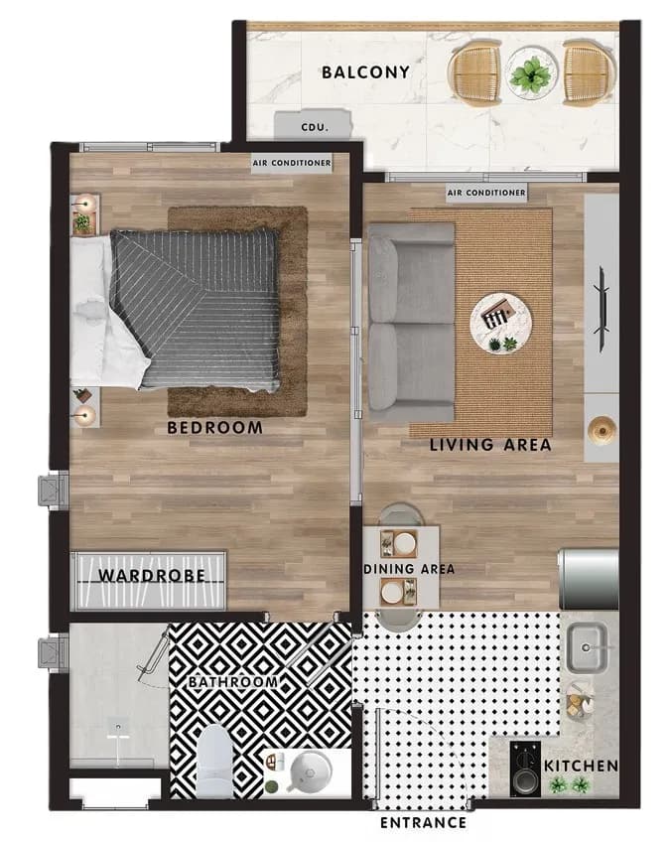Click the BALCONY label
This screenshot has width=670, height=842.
coord(365,72)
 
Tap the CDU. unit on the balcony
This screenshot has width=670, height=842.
coord(313,125)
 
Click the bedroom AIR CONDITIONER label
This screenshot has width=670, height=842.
coord(293,163)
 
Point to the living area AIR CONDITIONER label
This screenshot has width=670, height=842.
coord(486,193)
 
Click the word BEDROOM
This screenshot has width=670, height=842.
coord(214,427)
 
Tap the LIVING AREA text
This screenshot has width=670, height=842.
coord(490,445)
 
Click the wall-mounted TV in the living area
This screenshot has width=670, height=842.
coord(602,310)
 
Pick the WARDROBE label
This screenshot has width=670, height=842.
coord(152,576)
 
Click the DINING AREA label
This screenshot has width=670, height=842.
coord(409,569)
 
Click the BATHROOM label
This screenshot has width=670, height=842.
coord(233,681)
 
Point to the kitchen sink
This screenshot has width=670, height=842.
coord(587,647)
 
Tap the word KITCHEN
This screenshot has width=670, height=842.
coord(581,766)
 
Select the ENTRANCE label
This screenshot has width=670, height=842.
coord(423,822)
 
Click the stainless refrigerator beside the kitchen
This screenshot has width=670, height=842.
coord(589,578)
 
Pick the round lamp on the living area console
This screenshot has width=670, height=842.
coord(602,430)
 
